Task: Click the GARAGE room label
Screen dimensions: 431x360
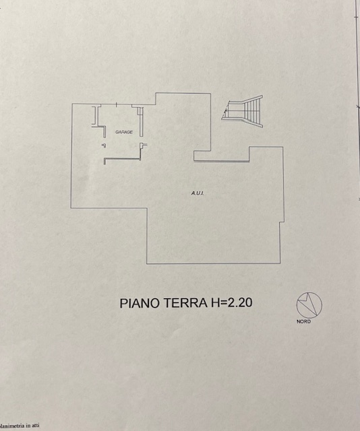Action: [x=124, y=132]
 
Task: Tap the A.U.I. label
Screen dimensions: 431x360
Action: [x=198, y=194]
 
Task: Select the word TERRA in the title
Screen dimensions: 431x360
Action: [x=181, y=303]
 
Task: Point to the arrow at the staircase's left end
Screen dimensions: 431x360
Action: [x=224, y=111]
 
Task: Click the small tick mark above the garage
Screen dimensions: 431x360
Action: [x=117, y=103]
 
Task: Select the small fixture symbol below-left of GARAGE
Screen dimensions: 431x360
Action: [x=102, y=145]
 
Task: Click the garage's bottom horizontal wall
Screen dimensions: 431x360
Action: [x=121, y=160]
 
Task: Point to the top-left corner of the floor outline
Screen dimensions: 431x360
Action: [x=71, y=104]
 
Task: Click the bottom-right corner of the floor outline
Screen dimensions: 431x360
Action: [x=282, y=263]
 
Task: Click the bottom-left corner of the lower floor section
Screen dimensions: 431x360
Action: [x=148, y=263]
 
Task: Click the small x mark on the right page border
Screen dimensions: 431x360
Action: [x=355, y=106]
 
